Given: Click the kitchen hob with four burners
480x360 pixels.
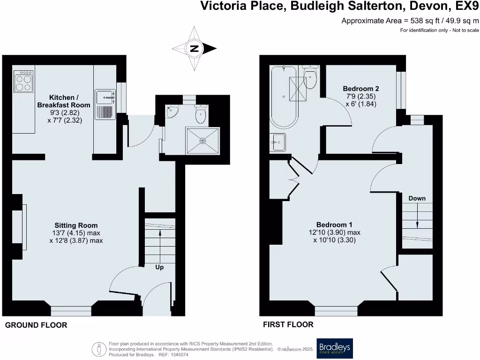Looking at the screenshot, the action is tap(23, 81).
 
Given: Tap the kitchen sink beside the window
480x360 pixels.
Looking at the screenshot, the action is tap(105, 105).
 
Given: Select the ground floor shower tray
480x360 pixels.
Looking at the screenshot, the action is tap(202, 141).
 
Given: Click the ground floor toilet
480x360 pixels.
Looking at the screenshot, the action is tap(201, 114).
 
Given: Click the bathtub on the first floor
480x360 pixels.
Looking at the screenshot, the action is tap(284, 97).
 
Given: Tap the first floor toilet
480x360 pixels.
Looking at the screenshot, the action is tap(310, 77).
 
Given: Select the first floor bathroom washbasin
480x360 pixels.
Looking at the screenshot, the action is tap(277, 142).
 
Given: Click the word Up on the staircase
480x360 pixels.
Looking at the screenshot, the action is tap(159, 267).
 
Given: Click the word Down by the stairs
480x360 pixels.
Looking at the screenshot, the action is tap(417, 198).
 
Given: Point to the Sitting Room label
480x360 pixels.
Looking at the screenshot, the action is tap(76, 225).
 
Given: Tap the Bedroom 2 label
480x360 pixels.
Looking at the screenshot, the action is tap(361, 89).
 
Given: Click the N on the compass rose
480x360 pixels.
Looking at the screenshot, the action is tap(194, 48).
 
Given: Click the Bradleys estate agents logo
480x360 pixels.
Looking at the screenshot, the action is tap(335, 348).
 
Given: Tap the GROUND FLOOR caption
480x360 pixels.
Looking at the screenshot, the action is tap(36, 325).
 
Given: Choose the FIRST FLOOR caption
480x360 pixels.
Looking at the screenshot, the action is tap(288, 324).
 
